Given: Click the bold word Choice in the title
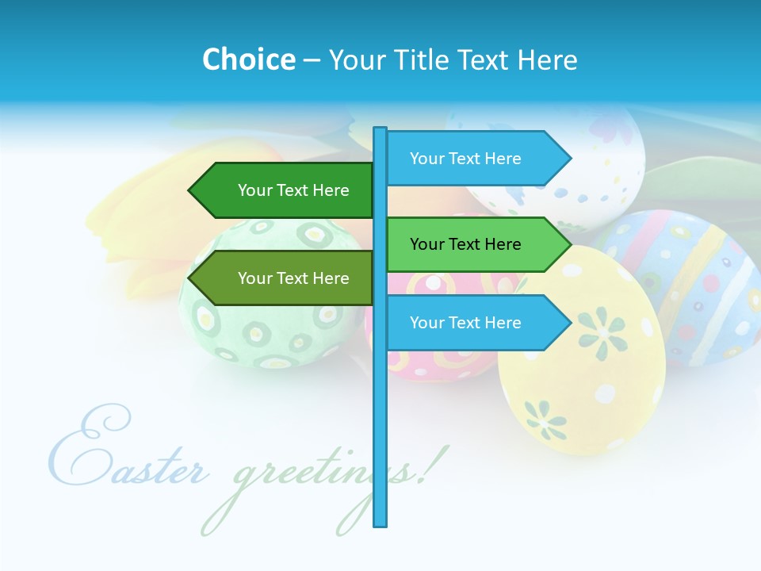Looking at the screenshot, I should [248, 59].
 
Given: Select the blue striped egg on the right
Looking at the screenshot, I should [690, 278].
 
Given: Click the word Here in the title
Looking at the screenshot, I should [547, 59].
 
